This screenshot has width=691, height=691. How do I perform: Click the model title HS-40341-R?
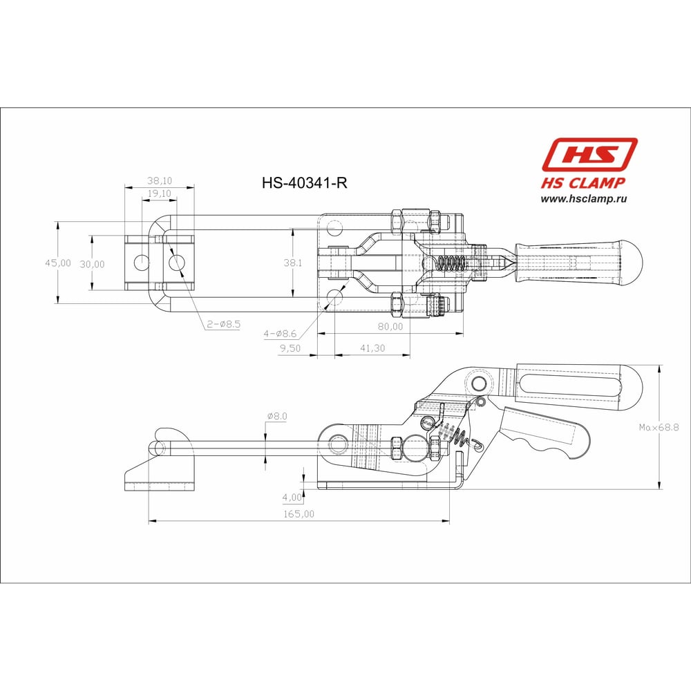click(305, 182)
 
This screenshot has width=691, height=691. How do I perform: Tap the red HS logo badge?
click(589, 154)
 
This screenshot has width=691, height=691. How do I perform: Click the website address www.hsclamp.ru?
click(583, 199)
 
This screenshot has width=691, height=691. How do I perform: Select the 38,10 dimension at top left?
click(160, 180)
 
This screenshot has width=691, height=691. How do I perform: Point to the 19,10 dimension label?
click(160, 193)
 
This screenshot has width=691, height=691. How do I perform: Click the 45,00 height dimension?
click(58, 263)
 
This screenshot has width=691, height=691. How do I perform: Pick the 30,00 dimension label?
click(92, 264)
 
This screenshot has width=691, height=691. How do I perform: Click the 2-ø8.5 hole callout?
click(224, 324)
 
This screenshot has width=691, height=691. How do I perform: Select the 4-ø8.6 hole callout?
click(280, 334)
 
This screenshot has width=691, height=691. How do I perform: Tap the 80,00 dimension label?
click(390, 327)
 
